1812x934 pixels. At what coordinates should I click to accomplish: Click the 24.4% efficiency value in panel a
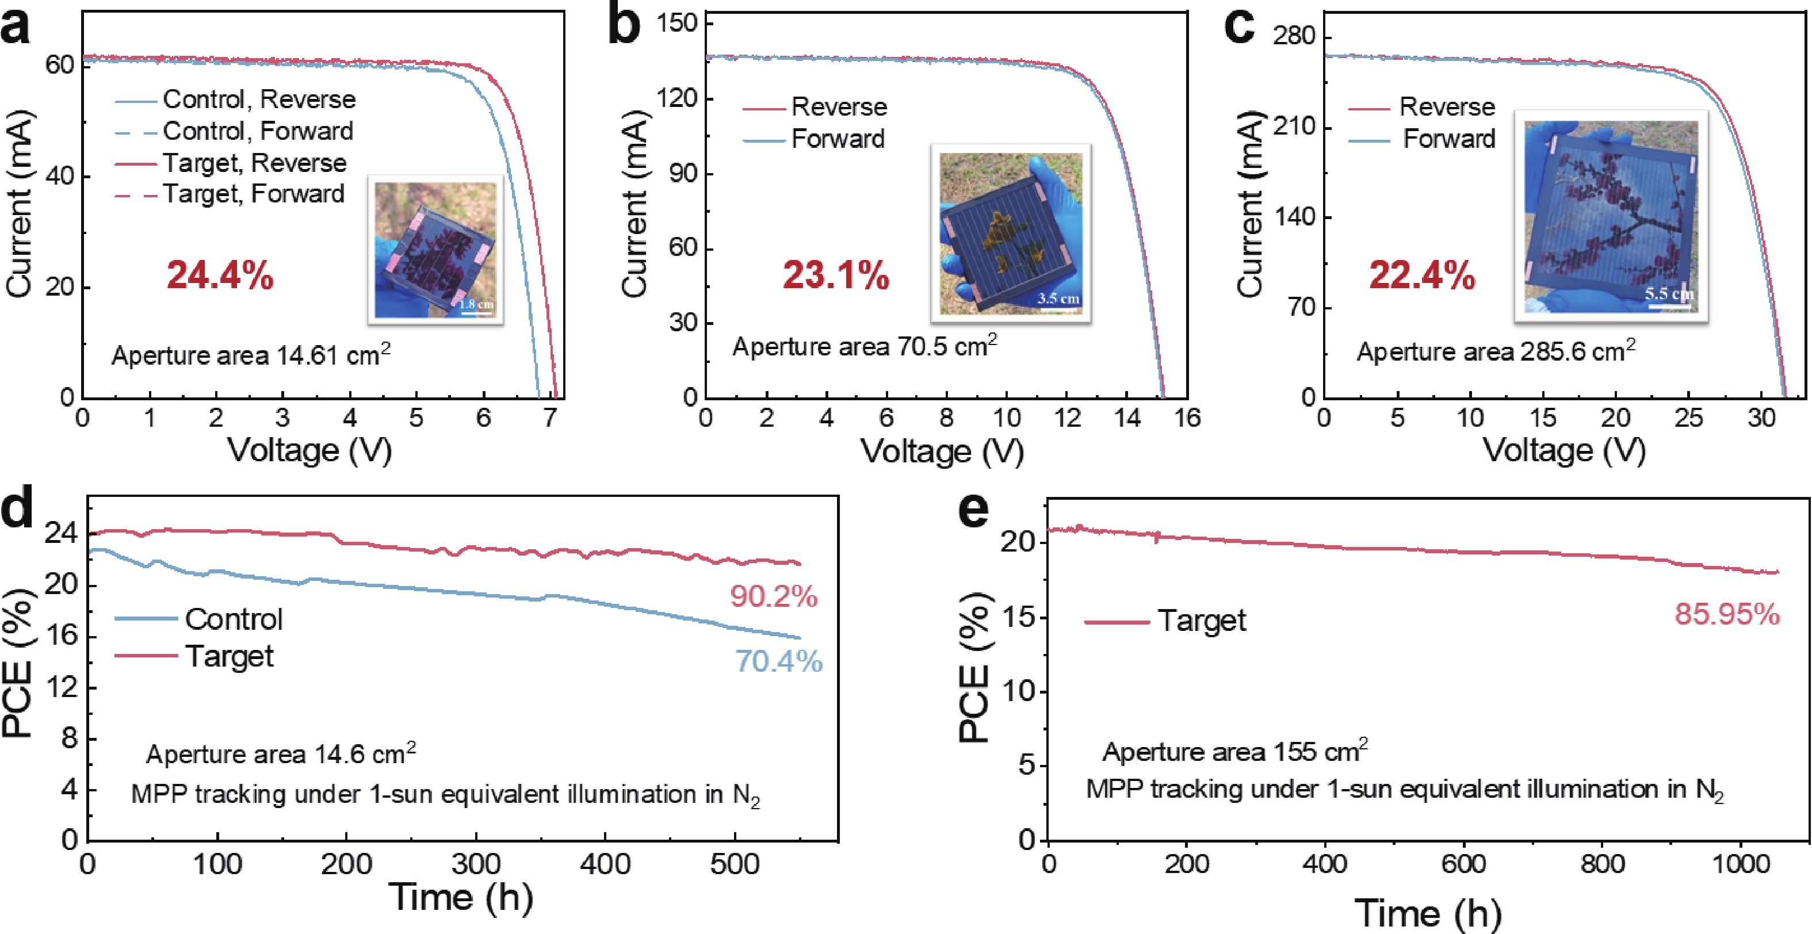tap(220, 275)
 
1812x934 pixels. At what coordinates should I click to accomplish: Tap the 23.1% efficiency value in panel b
tap(836, 275)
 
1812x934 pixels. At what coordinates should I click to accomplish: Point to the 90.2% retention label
tap(774, 596)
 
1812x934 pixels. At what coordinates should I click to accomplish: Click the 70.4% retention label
tap(779, 661)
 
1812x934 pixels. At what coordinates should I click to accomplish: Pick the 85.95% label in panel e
tap(1727, 614)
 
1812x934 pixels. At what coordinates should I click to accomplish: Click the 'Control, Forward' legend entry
tap(234, 131)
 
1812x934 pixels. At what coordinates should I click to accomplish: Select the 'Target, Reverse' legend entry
tap(231, 162)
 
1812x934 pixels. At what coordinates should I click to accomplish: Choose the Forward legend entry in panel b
tap(814, 139)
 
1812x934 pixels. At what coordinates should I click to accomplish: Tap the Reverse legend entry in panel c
tap(1421, 107)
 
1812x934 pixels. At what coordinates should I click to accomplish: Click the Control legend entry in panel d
tap(198, 619)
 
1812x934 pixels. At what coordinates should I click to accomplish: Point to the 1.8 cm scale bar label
tap(476, 304)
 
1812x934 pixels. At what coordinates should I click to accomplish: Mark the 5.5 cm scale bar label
tap(1669, 293)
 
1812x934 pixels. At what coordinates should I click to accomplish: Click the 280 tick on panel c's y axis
tap(1293, 35)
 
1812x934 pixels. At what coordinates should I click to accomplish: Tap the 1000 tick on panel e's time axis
tap(1740, 863)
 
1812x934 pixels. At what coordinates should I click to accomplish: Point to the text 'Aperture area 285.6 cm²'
tap(1496, 350)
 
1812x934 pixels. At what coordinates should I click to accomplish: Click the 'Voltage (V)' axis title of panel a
tap(309, 450)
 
